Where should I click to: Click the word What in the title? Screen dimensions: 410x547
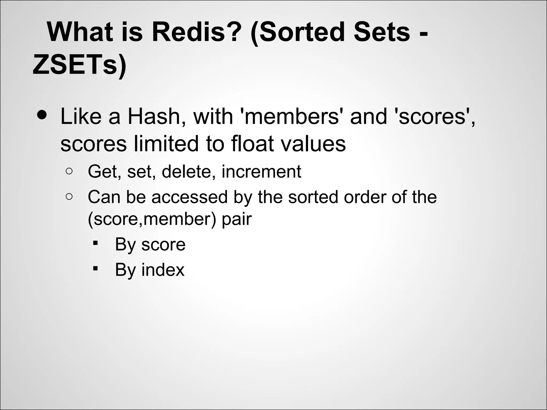tap(80, 33)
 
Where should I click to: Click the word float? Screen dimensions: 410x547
tap(252, 144)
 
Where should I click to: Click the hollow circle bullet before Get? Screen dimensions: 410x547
tap(69, 171)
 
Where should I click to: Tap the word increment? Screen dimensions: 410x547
tap(261, 171)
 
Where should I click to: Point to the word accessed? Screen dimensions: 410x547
tap(190, 197)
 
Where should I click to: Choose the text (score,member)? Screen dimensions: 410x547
tap(152, 219)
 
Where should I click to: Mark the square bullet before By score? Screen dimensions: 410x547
tap(95, 243)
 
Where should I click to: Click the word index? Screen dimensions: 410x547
tap(163, 270)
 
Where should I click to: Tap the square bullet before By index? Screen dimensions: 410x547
tap(95, 269)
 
